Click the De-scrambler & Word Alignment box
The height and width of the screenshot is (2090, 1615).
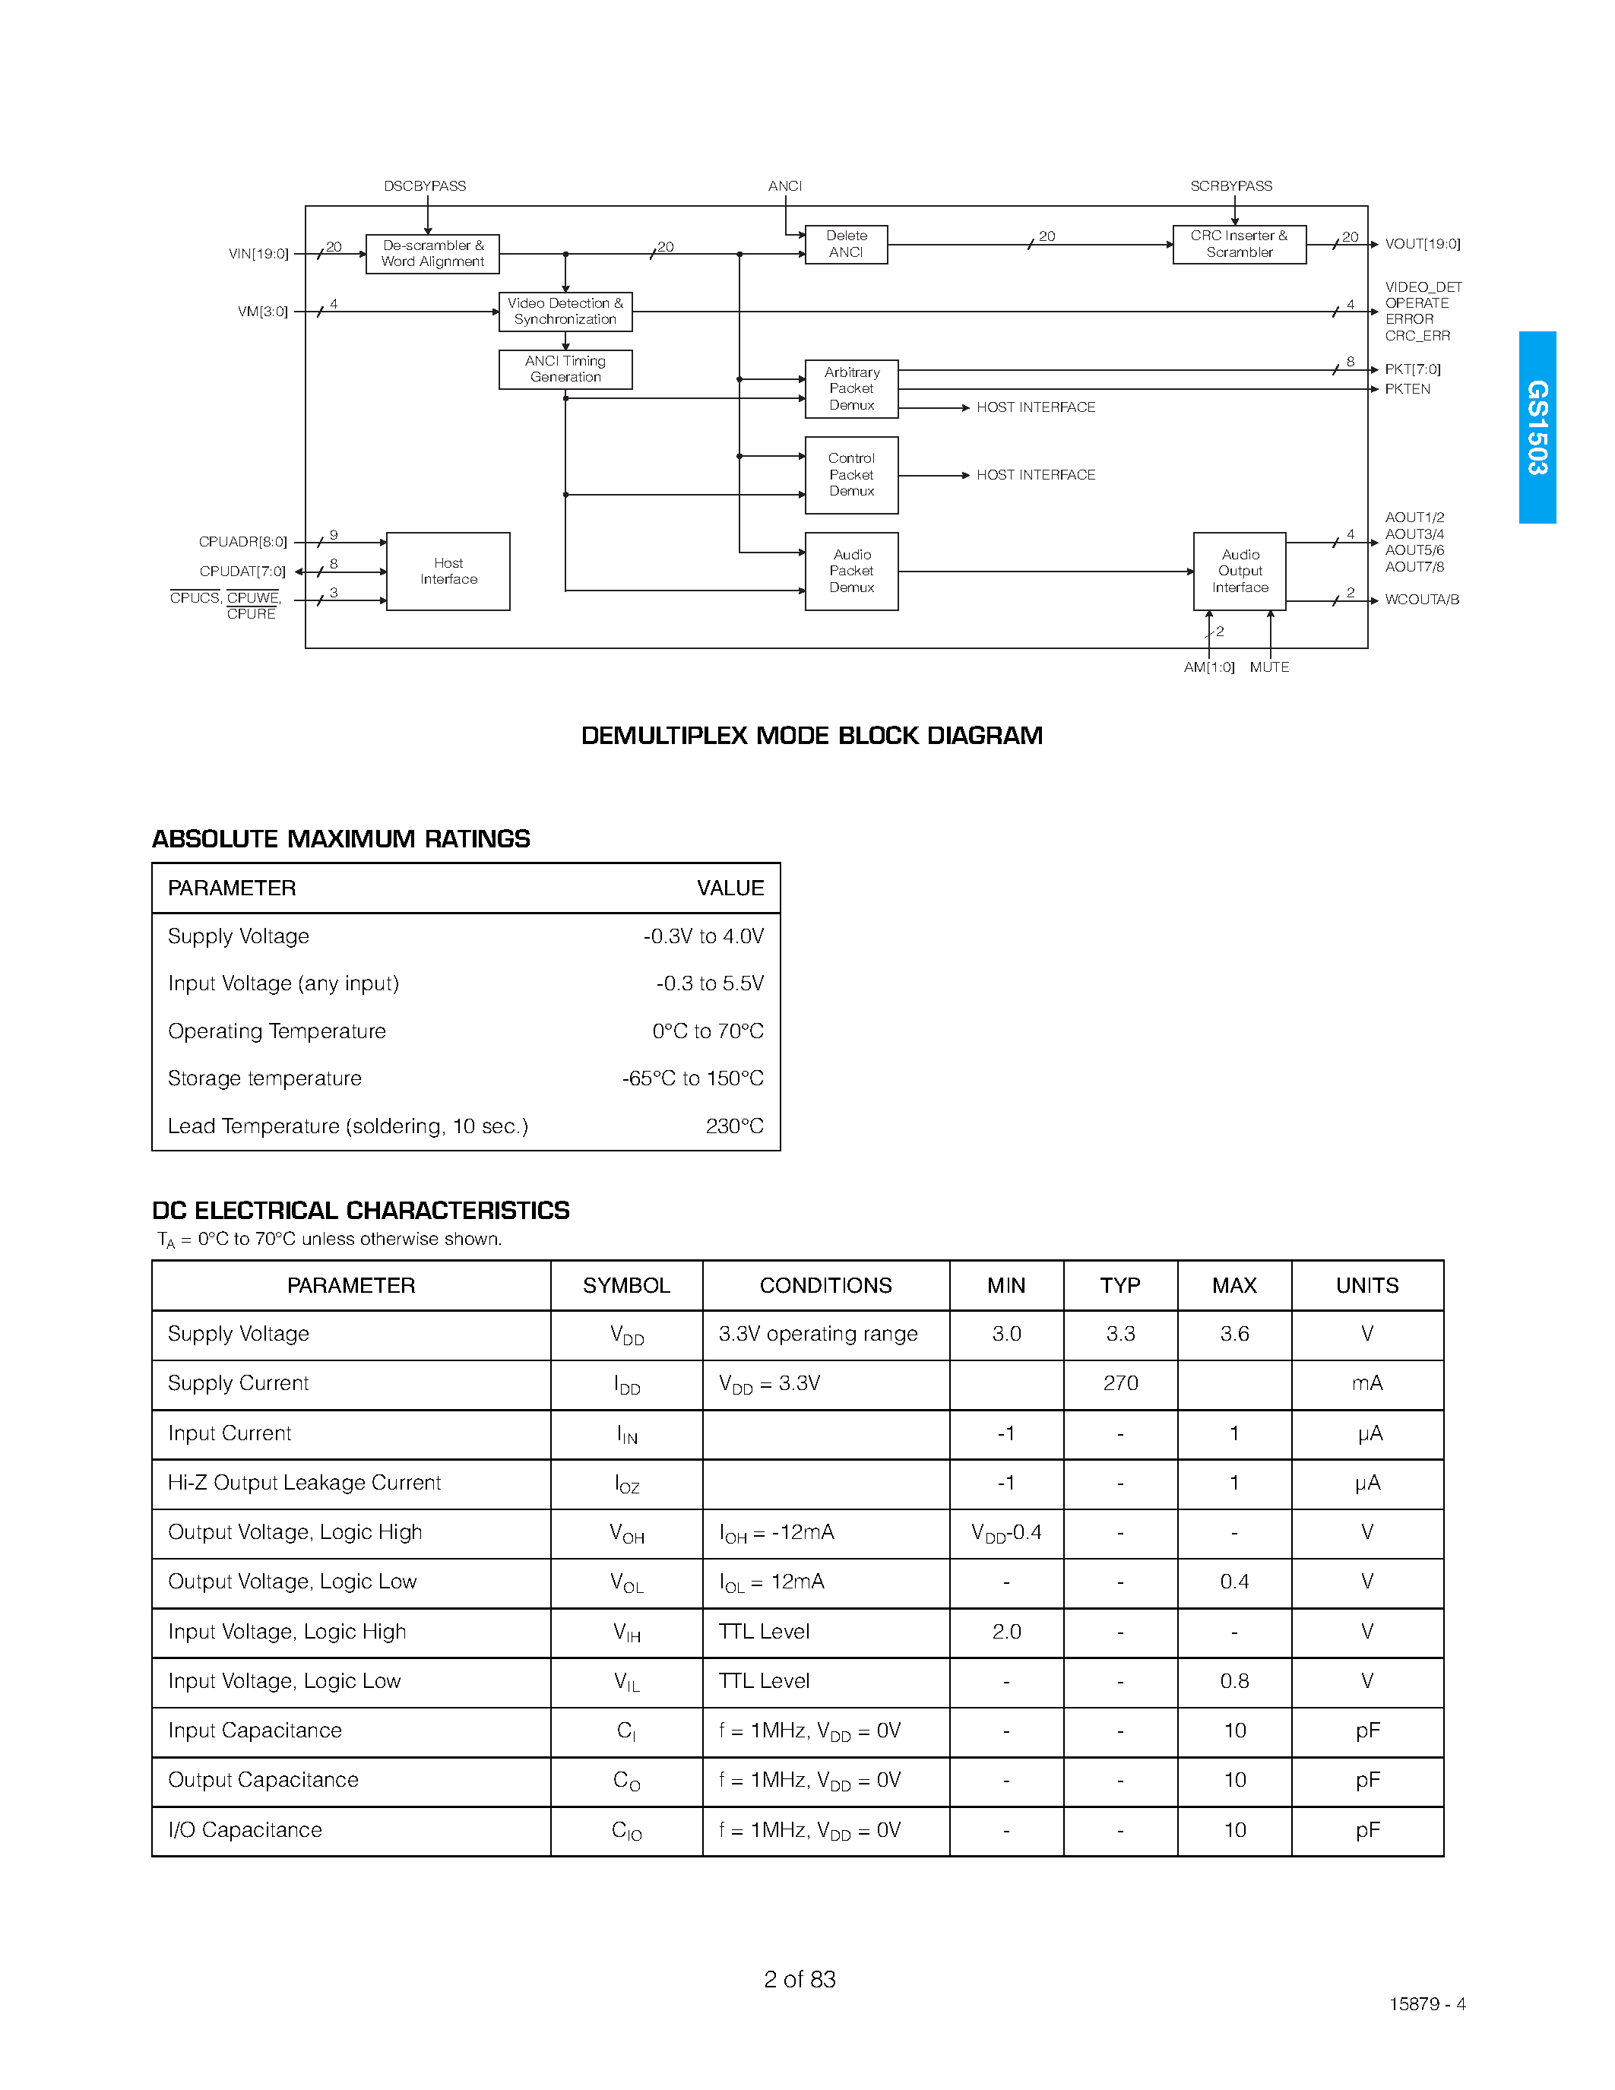432,254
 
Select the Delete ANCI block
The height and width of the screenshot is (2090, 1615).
846,244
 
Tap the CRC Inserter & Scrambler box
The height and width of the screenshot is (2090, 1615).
1239,244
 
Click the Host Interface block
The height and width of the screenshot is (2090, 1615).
448,572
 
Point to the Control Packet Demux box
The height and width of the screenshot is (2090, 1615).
851,475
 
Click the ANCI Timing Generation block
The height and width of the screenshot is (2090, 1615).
565,369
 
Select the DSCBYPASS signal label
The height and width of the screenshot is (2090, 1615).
425,185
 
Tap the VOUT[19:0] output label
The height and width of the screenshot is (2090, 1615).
1422,244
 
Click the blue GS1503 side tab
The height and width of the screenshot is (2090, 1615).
1537,427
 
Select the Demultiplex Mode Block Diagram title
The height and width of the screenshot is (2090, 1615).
812,736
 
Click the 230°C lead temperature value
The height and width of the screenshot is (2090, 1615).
734,1126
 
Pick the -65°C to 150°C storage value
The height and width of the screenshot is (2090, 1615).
692,1078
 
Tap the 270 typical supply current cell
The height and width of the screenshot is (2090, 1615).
1120,1384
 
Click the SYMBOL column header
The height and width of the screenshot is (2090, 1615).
627,1285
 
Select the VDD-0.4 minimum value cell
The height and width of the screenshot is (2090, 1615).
1006,1533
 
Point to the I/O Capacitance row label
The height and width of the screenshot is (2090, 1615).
245,1831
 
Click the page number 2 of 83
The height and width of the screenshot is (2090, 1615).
800,1979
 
